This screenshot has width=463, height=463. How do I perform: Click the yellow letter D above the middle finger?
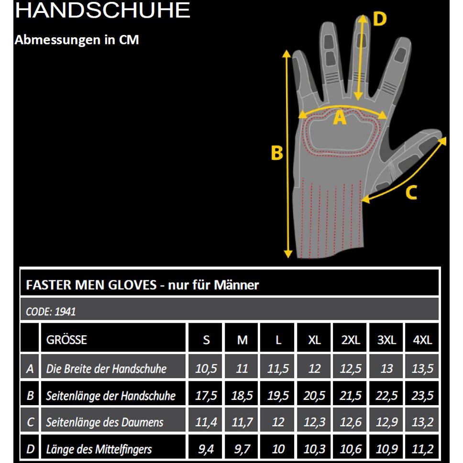[380, 19]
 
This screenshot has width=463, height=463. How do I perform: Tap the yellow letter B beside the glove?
[277, 153]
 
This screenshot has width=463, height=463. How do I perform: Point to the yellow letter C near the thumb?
[411, 192]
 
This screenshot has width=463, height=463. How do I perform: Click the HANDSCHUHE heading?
[102, 10]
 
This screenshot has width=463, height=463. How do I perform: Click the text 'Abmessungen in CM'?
[77, 40]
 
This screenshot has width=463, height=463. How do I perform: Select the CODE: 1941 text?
[51, 311]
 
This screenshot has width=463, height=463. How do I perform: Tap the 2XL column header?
[351, 340]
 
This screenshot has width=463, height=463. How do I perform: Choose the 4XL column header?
[422, 340]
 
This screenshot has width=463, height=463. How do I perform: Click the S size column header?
[207, 340]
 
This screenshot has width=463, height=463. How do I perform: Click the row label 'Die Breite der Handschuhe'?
[106, 368]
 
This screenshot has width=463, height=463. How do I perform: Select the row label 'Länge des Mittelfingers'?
[99, 449]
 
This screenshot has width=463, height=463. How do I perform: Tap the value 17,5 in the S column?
[206, 396]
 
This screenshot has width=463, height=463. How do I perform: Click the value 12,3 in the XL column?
[314, 422]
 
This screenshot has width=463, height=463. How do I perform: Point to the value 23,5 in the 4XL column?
[422, 396]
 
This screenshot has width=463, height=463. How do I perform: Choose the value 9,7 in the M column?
[242, 449]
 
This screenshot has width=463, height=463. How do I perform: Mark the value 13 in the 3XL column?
[386, 368]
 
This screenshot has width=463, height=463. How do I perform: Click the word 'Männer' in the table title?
[236, 285]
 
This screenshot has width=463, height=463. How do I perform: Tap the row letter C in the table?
[30, 422]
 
